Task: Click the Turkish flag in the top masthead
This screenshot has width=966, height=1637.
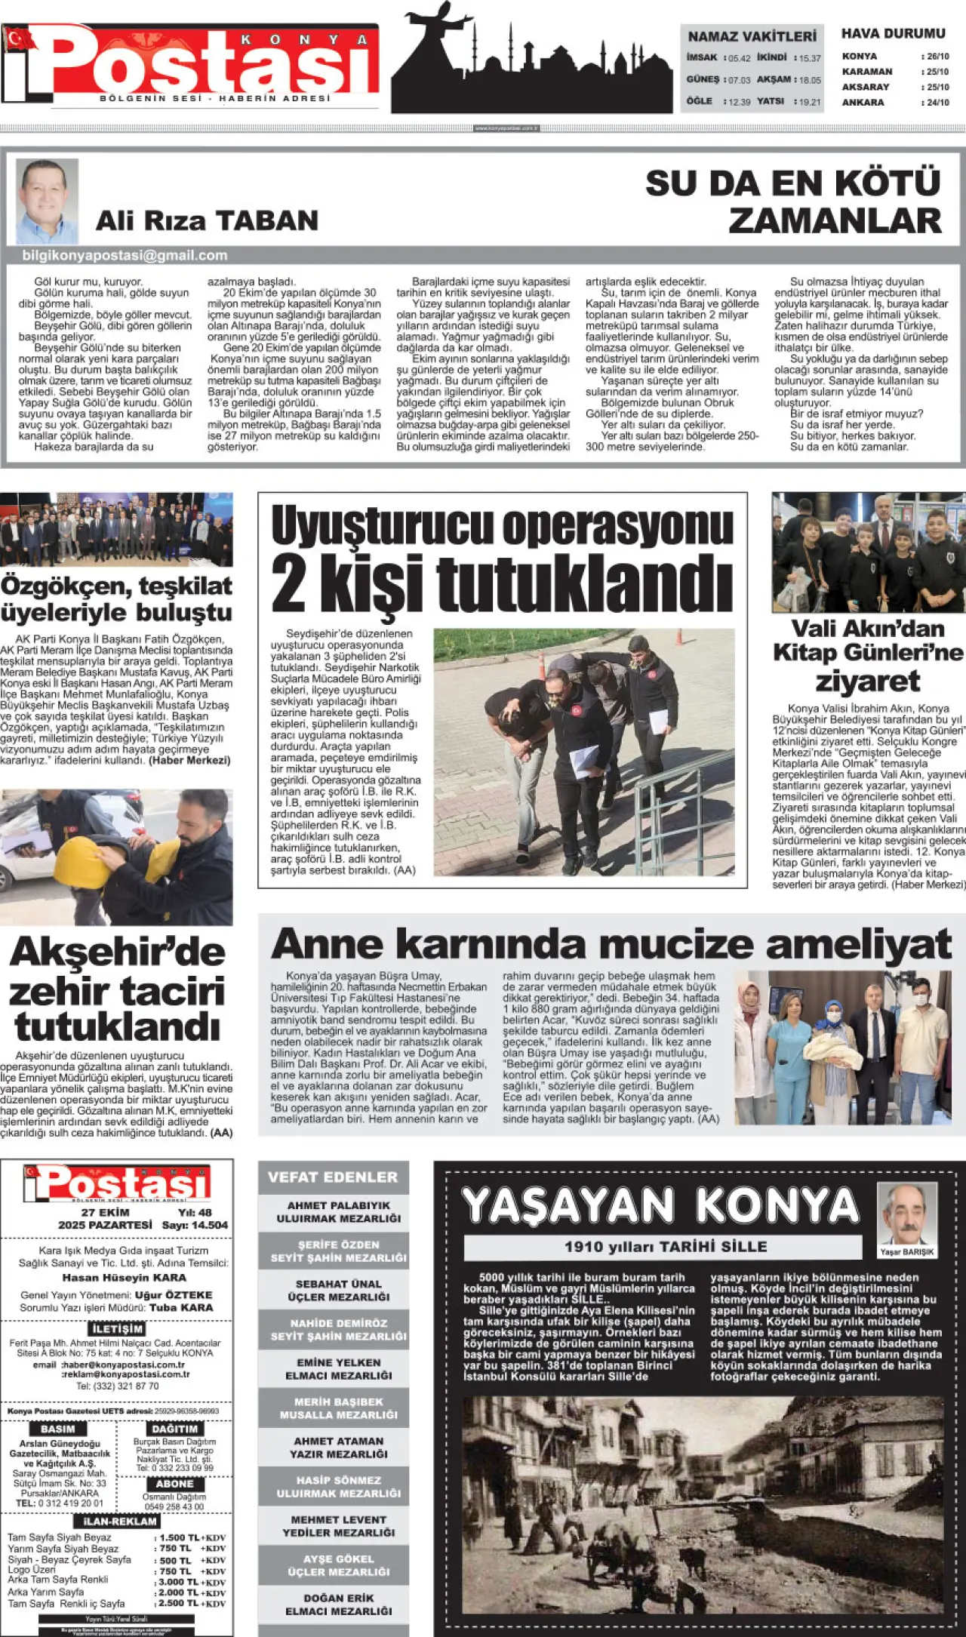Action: click(19, 38)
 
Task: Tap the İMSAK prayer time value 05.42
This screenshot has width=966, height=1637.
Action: click(739, 58)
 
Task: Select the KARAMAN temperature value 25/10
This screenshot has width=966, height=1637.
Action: click(937, 72)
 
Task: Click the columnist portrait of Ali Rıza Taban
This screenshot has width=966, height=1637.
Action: click(47, 201)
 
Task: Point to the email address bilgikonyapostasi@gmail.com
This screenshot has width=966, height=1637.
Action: click(125, 256)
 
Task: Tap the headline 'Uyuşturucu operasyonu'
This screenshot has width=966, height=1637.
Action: click(502, 525)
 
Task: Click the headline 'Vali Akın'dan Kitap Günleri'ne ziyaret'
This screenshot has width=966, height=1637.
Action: click(868, 654)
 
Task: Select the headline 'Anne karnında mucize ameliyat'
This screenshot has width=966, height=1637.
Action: click(611, 943)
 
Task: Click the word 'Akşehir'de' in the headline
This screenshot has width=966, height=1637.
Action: click(118, 951)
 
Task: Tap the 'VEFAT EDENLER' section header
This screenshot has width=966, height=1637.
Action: click(333, 1177)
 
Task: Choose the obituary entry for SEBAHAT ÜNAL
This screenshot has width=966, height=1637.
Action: click(338, 1290)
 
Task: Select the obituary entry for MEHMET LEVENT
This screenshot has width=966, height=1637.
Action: click(338, 1526)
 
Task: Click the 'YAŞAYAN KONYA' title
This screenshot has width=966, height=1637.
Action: click(661, 1205)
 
